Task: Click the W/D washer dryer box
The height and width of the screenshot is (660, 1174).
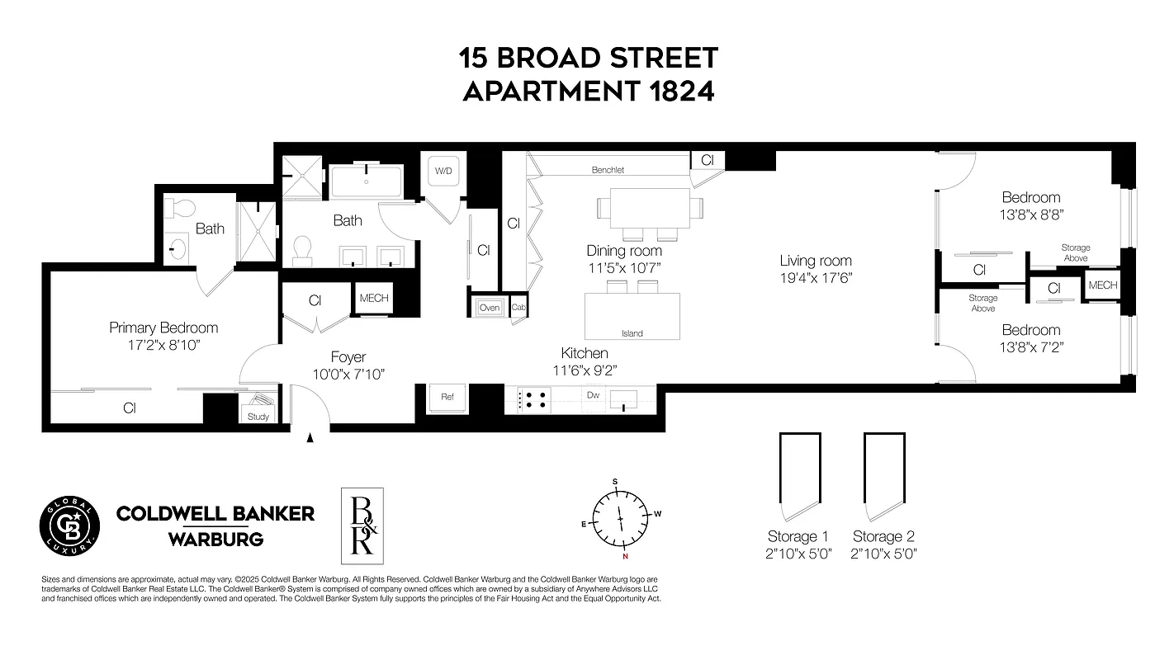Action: pyautogui.click(x=444, y=171)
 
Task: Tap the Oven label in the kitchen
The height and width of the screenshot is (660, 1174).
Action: pyautogui.click(x=489, y=307)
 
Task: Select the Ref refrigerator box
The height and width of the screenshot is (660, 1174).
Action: pyautogui.click(x=447, y=397)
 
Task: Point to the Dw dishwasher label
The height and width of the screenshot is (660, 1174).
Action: pyautogui.click(x=593, y=395)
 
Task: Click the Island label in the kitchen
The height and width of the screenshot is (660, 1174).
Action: pyautogui.click(x=632, y=333)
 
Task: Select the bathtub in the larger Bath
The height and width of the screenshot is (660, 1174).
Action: pyautogui.click(x=367, y=180)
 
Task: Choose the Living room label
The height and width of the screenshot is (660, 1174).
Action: pyautogui.click(x=816, y=261)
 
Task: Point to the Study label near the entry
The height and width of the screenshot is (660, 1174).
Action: pyautogui.click(x=258, y=417)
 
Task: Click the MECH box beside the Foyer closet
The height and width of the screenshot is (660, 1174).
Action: pyautogui.click(x=374, y=299)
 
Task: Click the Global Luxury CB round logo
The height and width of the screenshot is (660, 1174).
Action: pyautogui.click(x=70, y=526)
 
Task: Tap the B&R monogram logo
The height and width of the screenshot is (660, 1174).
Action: pyautogui.click(x=362, y=526)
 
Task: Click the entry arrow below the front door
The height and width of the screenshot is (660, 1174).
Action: pyautogui.click(x=310, y=439)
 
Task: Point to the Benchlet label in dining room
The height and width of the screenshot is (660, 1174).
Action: pyautogui.click(x=608, y=170)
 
